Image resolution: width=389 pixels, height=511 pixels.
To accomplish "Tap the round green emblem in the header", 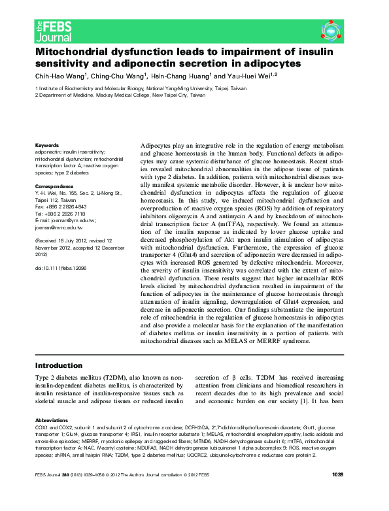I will coord(331,30).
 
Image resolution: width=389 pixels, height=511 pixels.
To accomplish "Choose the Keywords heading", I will coord(47,144).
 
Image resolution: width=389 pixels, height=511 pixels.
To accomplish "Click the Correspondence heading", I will coord(54,187).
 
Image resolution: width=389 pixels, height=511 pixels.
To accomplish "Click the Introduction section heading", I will coord(59,365).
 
